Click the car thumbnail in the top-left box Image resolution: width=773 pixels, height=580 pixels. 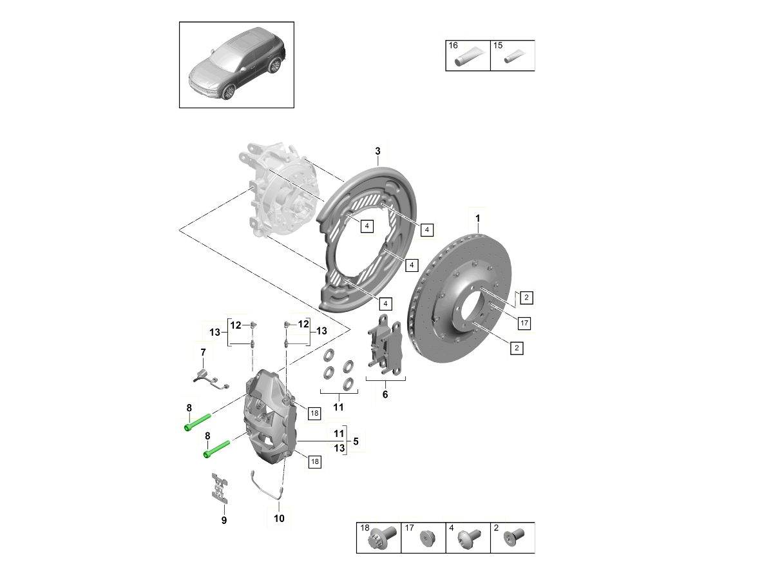(x=237, y=66)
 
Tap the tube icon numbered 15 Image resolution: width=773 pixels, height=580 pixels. (x=513, y=57)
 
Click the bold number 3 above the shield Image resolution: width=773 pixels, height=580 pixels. (x=378, y=151)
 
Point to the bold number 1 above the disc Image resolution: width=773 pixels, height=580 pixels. (x=478, y=219)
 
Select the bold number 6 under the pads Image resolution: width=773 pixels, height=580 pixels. (x=385, y=394)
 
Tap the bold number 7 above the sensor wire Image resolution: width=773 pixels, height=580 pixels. (x=203, y=352)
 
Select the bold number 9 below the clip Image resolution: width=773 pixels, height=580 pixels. (x=224, y=520)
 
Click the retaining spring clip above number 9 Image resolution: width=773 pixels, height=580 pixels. (x=220, y=488)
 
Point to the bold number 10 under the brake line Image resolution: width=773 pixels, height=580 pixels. (x=279, y=517)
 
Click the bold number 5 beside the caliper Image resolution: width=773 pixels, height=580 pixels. (x=355, y=443)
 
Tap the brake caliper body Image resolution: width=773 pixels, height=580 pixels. (x=271, y=419)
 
